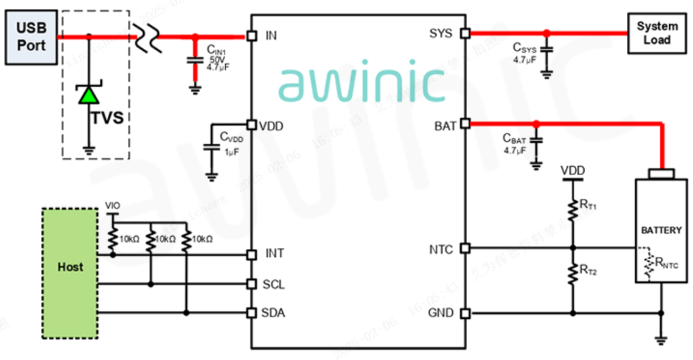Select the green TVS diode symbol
coord(89,95)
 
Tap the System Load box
coord(657,33)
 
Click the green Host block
coord(70,266)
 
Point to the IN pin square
coord(251,35)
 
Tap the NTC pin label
coord(441,249)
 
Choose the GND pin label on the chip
coord(441,313)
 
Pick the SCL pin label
coord(273,284)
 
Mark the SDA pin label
coord(273,313)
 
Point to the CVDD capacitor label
coord(232,137)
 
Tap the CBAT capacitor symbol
coord(536,139)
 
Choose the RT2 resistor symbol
coord(572,273)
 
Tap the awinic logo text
coord(361,83)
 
